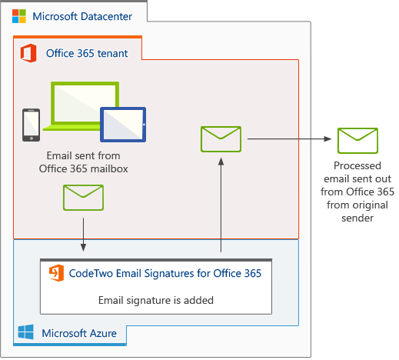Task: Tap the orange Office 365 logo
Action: pos(29,53)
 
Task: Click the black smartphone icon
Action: pos(31,125)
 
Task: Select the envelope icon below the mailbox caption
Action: pos(83,198)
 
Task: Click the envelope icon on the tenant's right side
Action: pos(221,139)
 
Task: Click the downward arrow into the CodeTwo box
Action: pos(83,235)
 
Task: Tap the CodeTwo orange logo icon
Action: pos(56,272)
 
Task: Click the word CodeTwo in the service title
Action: pos(91,272)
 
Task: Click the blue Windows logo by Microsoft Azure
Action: pos(26,333)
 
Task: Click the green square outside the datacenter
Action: pos(358,139)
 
